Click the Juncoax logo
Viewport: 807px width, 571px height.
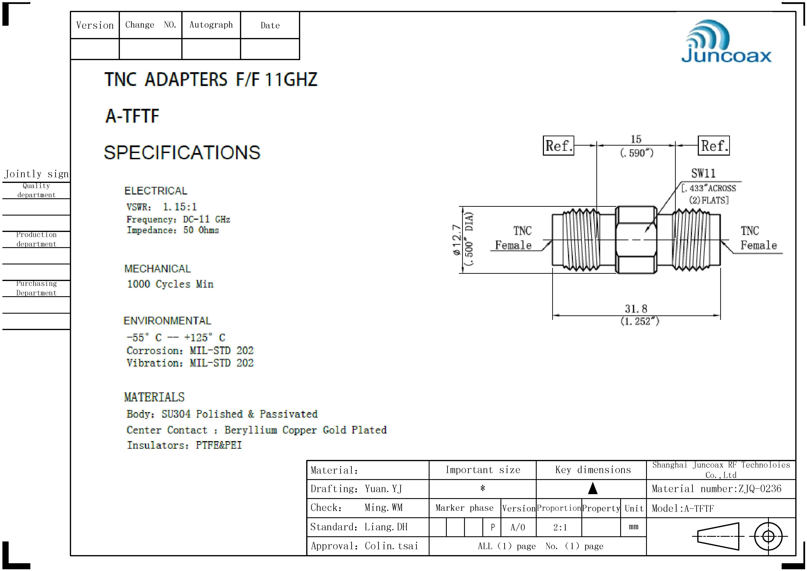(726, 41)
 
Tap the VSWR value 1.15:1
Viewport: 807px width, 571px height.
(180, 207)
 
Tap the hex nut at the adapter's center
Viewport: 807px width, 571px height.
(636, 240)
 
